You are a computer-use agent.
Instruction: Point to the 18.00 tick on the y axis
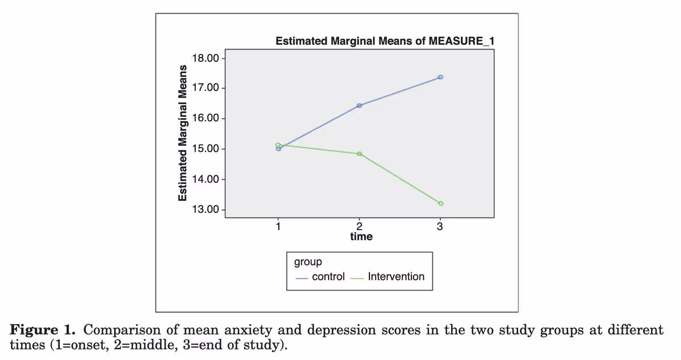tap(205, 58)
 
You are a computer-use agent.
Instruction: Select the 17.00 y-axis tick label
tap(205, 89)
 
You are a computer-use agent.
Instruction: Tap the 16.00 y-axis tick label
tap(205, 119)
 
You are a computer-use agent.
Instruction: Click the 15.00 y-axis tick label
tap(205, 149)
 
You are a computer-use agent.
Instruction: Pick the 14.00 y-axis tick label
tap(205, 179)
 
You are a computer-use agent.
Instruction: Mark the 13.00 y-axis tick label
tap(205, 210)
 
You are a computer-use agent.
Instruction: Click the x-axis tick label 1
tap(278, 226)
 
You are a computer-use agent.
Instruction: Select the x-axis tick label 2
tap(359, 226)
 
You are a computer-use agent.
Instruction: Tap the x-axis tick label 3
tap(440, 226)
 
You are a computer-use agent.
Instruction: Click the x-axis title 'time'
tap(361, 236)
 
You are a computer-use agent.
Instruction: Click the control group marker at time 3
tap(440, 77)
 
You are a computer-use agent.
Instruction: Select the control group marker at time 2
tap(359, 106)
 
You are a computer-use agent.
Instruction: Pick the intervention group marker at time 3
tap(440, 203)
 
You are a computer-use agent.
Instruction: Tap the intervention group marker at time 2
tap(359, 154)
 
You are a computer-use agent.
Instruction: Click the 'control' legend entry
tap(328, 277)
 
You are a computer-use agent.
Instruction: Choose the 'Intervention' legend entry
tap(396, 277)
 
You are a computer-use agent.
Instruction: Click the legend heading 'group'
tap(308, 262)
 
